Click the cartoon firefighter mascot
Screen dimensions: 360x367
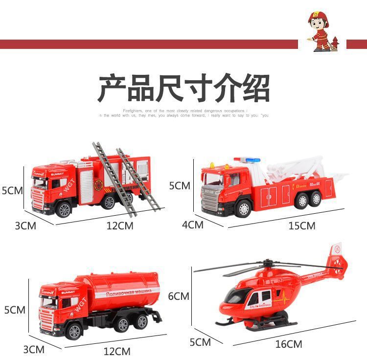point(321,31)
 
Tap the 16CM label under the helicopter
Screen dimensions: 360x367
point(288,344)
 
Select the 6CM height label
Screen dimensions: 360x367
point(179,296)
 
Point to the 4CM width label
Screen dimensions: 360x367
point(193,225)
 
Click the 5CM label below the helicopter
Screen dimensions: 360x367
point(200,342)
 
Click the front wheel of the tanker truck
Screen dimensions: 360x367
point(75,331)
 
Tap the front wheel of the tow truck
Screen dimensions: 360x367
point(243,208)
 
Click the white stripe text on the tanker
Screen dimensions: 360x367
point(128,292)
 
